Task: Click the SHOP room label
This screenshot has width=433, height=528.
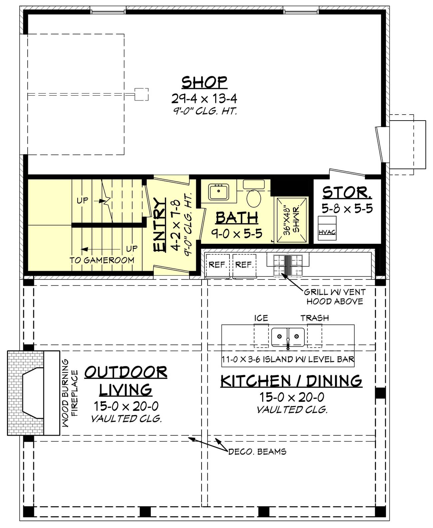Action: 204,82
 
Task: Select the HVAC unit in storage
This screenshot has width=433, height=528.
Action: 327,228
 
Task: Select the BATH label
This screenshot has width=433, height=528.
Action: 237,218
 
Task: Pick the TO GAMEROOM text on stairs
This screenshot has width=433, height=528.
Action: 102,260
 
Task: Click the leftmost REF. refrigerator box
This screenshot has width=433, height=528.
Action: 217,265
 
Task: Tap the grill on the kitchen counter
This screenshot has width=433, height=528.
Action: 288,265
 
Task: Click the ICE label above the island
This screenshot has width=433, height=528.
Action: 261,318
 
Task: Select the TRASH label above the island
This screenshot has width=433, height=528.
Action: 314,318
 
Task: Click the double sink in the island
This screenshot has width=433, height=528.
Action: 288,337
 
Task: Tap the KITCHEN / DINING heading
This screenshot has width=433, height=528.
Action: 291,381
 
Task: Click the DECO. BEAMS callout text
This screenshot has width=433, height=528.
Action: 257,452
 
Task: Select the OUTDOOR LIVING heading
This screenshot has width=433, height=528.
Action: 126,380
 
